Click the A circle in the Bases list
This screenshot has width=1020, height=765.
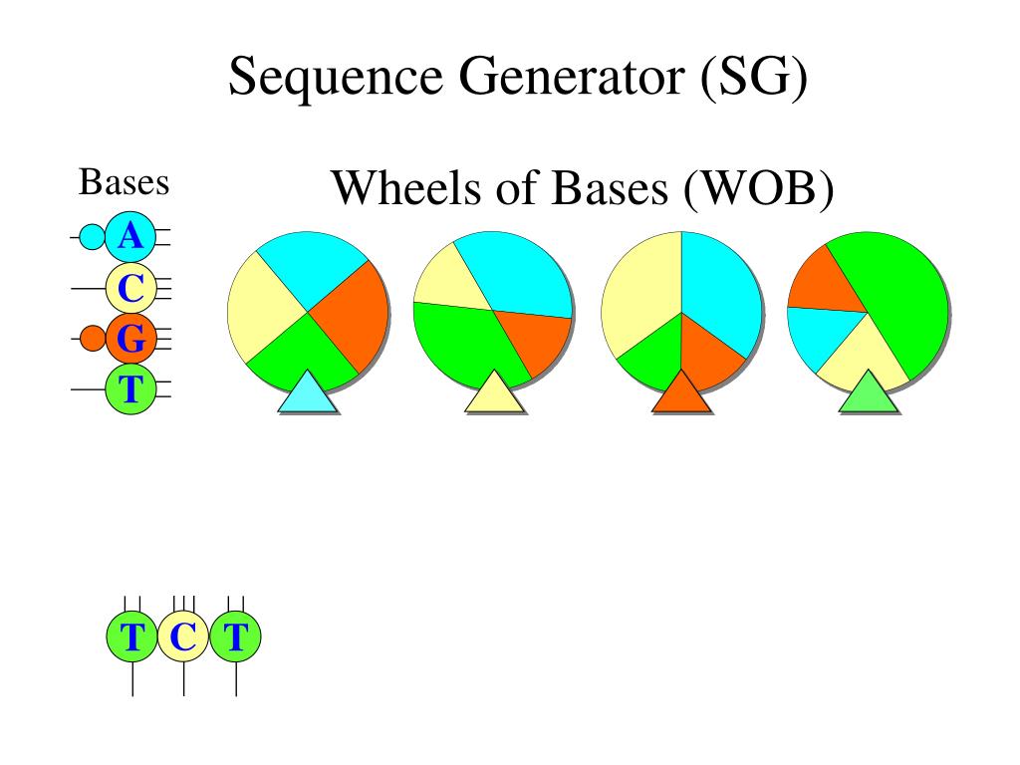tap(129, 236)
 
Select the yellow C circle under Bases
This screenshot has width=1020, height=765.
tap(129, 289)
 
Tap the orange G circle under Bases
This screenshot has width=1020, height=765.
tap(129, 339)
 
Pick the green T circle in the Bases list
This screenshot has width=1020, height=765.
tap(129, 388)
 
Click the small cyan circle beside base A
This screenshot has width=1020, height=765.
tap(91, 237)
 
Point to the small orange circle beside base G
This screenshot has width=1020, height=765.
tap(92, 339)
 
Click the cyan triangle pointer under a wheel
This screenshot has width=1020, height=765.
tap(308, 394)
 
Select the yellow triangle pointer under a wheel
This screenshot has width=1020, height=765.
tap(495, 394)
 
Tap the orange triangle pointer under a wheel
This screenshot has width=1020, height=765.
tap(682, 394)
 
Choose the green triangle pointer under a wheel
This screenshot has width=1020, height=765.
tap(869, 394)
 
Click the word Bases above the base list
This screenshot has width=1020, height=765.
tap(124, 183)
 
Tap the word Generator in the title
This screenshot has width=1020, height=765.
tap(563, 77)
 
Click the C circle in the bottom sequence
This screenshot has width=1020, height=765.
tap(183, 637)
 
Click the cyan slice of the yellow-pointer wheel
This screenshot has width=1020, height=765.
tap(518, 274)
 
